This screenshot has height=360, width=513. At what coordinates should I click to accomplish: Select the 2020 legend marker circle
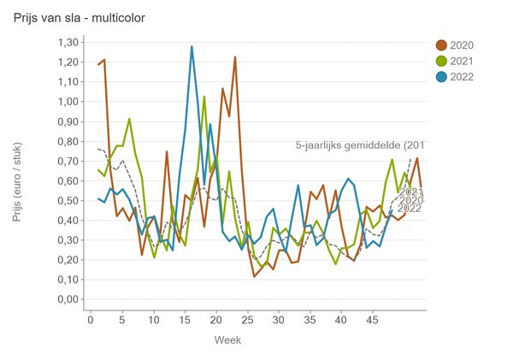point(441,45)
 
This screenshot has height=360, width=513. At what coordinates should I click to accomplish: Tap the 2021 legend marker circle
point(441,61)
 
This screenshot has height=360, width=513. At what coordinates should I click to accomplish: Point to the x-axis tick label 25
point(247,319)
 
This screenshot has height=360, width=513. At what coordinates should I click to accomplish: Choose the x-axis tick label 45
point(373,319)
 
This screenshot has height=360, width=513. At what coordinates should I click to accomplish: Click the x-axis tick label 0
point(91,319)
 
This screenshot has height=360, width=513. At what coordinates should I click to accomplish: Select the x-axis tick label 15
point(185,319)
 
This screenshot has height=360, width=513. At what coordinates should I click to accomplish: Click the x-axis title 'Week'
point(227,339)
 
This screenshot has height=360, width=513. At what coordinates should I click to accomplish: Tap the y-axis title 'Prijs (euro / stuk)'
point(18,171)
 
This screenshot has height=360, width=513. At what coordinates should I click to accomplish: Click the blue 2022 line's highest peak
point(192,46)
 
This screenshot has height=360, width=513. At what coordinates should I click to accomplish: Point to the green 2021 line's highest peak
point(204,96)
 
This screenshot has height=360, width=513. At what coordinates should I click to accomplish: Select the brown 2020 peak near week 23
point(235,56)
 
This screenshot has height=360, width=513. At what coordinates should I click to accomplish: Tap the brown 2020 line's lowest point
point(254,276)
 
